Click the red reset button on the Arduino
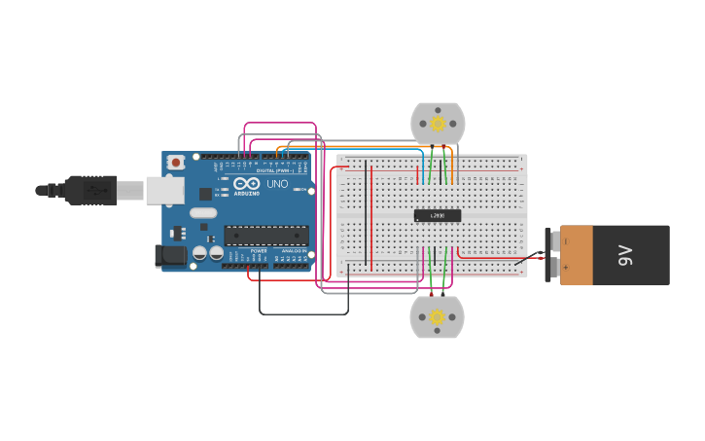(x=175, y=163)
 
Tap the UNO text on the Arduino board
(x=277, y=184)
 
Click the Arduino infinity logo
(x=246, y=183)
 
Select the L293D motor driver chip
(x=438, y=215)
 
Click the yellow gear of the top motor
(x=438, y=124)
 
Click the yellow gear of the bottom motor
(x=437, y=316)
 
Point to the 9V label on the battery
(x=626, y=255)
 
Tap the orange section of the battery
(x=576, y=255)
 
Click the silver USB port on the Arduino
(x=164, y=190)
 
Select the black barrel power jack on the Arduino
(x=170, y=256)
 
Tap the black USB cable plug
(x=92, y=190)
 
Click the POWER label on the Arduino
(x=259, y=251)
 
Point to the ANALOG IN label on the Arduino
(x=293, y=251)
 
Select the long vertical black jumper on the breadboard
(x=366, y=214)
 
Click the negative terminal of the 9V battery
(x=554, y=240)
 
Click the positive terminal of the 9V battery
(x=554, y=267)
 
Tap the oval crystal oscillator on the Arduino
(x=203, y=213)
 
